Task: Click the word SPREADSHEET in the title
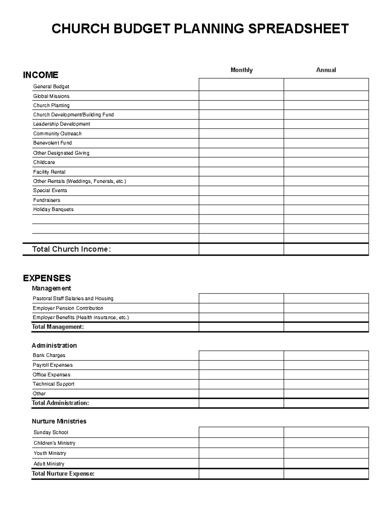tap(298, 29)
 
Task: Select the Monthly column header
tap(241, 70)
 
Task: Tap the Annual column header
tap(326, 70)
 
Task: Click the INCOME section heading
tap(41, 75)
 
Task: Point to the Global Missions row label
tap(51, 96)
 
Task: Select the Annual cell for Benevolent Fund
tap(326, 143)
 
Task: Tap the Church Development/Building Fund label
tap(73, 115)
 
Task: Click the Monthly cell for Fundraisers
tap(241, 200)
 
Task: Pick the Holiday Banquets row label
tap(53, 209)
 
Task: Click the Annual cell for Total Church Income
tap(326, 249)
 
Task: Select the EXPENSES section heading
tap(47, 278)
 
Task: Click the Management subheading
tap(51, 288)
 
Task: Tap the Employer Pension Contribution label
tap(68, 308)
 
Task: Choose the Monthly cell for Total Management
tap(241, 327)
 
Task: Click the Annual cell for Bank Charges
tap(326, 356)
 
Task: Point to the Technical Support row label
tap(54, 384)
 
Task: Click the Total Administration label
tap(60, 403)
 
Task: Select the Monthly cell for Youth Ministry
tap(241, 453)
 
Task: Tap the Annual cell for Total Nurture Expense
tap(326, 474)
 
